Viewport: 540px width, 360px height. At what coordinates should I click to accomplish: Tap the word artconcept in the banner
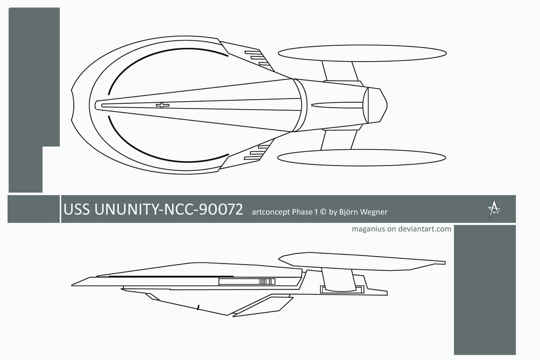[x=271, y=212]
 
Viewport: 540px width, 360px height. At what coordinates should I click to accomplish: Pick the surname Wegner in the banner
[x=375, y=212]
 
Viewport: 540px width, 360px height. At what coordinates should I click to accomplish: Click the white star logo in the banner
[x=494, y=210]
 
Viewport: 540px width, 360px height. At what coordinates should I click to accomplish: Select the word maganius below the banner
[x=369, y=229]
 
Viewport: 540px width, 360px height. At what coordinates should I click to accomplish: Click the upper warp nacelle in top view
[x=362, y=53]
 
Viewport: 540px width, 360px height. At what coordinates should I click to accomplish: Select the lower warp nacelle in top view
[x=362, y=158]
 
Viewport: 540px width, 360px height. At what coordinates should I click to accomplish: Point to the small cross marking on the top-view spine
[x=162, y=105]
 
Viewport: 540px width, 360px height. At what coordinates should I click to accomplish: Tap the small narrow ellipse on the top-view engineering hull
[x=337, y=105]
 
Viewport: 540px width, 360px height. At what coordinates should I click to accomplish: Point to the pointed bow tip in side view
[x=73, y=284]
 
